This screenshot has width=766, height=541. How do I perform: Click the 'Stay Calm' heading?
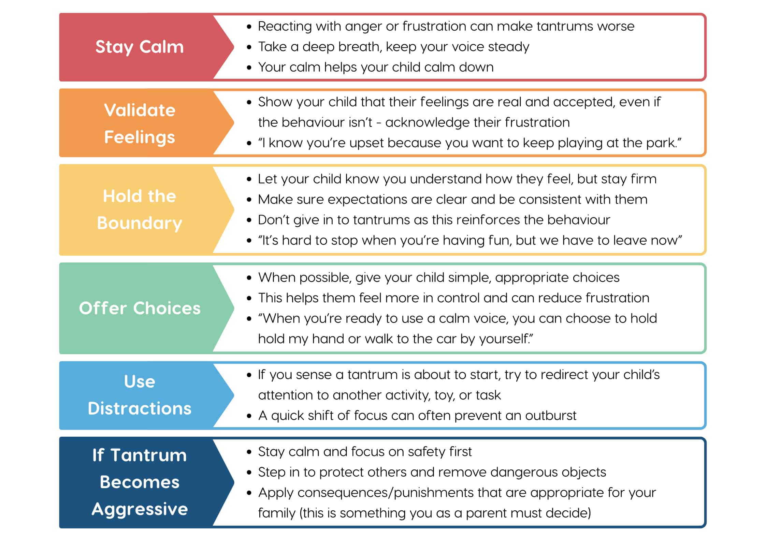click(140, 47)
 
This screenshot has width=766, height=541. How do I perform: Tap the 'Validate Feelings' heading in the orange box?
click(140, 124)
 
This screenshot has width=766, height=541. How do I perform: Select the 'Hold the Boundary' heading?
click(140, 210)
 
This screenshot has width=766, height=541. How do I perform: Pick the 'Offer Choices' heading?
click(140, 308)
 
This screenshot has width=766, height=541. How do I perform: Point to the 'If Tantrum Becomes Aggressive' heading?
click(140, 482)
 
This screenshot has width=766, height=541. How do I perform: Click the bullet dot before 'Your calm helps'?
click(249, 68)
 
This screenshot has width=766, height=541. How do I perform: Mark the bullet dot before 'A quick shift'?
click(249, 416)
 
